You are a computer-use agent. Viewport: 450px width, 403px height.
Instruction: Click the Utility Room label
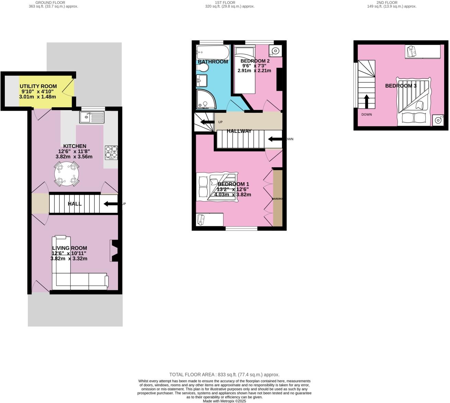pyautogui.click(x=38, y=86)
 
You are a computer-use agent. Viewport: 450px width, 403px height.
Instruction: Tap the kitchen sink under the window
pyautogui.click(x=92, y=118)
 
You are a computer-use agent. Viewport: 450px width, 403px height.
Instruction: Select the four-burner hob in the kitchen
pyautogui.click(x=111, y=153)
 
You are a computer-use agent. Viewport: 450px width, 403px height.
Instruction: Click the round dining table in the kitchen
pyautogui.click(x=67, y=174)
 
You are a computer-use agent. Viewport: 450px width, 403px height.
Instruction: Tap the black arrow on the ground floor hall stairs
pyautogui.click(x=110, y=204)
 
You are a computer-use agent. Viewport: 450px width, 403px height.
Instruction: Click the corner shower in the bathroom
pyautogui.click(x=205, y=99)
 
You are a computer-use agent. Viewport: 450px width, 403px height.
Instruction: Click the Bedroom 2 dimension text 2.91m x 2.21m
pyautogui.click(x=254, y=71)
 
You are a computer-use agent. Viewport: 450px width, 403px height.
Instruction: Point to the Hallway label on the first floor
pyautogui.click(x=239, y=131)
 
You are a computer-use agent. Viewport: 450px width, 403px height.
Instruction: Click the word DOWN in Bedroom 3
pyautogui.click(x=366, y=114)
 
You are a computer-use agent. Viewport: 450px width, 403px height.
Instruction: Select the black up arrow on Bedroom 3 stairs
pyautogui.click(x=366, y=101)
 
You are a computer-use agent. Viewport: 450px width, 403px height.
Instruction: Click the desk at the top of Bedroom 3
pyautogui.click(x=423, y=51)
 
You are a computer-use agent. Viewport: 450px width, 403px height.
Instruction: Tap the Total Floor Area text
pyautogui.click(x=224, y=375)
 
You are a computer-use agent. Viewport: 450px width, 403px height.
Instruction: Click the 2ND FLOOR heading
pyautogui.click(x=387, y=2)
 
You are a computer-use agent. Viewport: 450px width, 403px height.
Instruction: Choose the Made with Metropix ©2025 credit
pyautogui.click(x=224, y=401)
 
